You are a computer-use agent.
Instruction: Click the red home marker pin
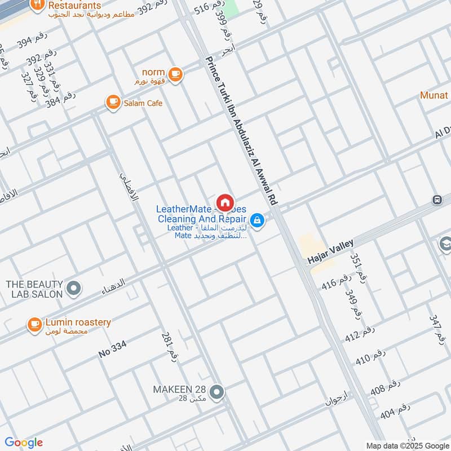click(225, 202)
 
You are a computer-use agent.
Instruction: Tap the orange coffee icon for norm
click(175, 74)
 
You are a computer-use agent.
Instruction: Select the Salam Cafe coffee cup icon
click(113, 102)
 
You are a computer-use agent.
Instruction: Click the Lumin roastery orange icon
click(35, 324)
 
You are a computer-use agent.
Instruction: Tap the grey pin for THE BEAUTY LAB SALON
click(73, 289)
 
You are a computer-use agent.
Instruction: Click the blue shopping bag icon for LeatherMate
click(257, 220)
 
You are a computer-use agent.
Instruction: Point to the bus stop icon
click(436, 200)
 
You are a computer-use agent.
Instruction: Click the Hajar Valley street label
click(330, 251)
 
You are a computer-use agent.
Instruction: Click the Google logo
click(24, 443)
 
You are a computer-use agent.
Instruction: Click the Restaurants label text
click(74, 5)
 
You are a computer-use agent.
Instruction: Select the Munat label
click(434, 95)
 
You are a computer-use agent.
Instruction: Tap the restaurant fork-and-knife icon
click(37, 5)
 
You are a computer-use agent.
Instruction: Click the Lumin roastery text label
click(78, 322)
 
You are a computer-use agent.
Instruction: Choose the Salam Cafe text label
click(143, 103)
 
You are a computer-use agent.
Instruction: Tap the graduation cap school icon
click(445, 244)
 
